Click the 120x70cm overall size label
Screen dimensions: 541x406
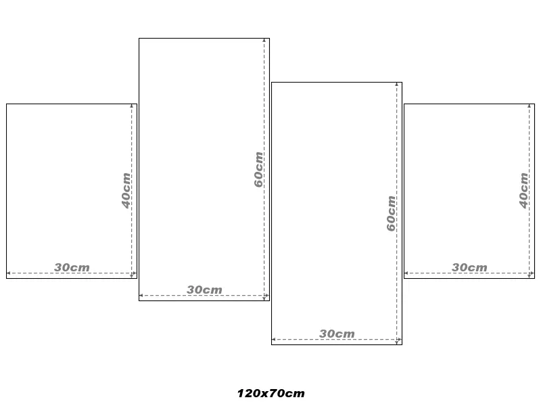271,393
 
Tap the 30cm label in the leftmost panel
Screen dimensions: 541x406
72,267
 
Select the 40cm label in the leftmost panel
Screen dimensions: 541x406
126,191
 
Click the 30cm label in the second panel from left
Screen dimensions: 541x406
204,290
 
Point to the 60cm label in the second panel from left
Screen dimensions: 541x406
259,170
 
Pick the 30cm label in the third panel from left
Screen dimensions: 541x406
337,334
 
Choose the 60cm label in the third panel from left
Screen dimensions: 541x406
392,213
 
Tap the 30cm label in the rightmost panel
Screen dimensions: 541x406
469,267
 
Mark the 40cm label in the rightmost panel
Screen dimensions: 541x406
523,191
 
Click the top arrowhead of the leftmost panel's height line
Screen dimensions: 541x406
131,106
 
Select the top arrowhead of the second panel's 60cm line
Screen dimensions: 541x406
264,40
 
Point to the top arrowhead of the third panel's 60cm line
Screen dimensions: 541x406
396,84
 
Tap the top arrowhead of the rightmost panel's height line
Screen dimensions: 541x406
529,106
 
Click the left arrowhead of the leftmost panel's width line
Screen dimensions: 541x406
8,273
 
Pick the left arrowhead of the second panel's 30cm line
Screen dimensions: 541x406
141,296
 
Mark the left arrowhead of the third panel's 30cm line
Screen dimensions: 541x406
273,340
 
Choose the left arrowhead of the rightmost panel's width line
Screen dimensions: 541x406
406,273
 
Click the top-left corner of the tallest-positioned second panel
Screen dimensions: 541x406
139,39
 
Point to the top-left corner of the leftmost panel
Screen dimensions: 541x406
7,104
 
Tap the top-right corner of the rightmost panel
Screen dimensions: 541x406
534,104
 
